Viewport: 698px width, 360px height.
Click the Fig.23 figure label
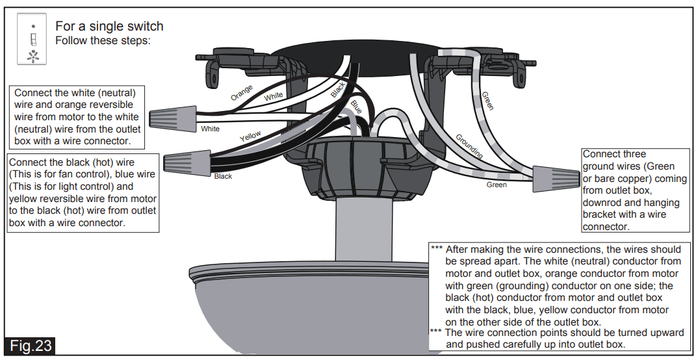[31, 345]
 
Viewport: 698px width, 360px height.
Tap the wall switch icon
[32, 39]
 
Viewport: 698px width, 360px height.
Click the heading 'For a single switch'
[109, 26]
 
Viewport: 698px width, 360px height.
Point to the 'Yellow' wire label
[250, 136]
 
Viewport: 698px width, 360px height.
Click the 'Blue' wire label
[356, 107]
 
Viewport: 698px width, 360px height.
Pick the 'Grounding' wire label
[469, 147]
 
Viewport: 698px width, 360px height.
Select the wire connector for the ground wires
[555, 176]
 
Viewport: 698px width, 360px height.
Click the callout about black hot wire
[83, 192]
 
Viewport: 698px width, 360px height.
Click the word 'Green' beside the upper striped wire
[487, 101]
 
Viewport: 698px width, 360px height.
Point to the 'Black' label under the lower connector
[223, 176]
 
